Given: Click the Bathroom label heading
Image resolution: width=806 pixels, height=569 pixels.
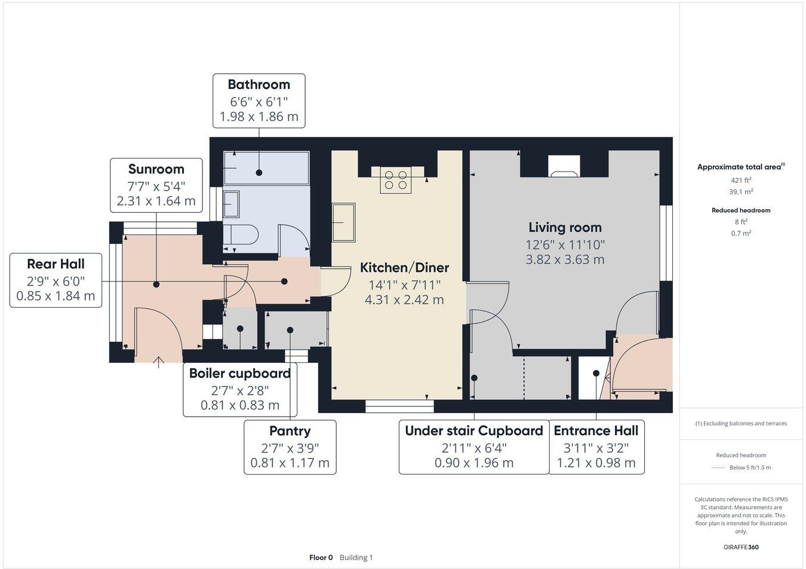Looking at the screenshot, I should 259,85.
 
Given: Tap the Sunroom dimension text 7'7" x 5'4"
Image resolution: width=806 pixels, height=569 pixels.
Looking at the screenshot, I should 156,186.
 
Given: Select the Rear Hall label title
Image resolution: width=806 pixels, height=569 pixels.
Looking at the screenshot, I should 56,264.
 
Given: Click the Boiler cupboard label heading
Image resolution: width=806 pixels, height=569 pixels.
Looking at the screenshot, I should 239,374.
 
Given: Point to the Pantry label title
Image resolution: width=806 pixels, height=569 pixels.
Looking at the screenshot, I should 290,431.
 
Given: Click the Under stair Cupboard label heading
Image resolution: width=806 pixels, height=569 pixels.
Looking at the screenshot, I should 473,431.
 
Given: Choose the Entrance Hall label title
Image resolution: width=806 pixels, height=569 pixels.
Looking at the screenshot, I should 596,431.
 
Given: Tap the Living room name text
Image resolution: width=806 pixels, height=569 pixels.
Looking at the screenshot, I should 565,228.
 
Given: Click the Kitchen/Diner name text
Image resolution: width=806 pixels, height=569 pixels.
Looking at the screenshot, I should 404,268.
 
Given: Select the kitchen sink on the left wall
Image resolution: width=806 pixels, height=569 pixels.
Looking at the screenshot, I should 343,222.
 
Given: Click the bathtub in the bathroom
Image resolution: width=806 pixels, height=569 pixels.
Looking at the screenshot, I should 266,168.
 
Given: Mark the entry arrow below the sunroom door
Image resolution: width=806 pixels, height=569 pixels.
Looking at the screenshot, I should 158,362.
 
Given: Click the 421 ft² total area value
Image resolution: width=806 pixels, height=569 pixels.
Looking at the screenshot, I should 741,180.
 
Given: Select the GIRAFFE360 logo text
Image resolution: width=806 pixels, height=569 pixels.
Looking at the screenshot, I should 741,547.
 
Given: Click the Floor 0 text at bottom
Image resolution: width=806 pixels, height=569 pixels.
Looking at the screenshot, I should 321,558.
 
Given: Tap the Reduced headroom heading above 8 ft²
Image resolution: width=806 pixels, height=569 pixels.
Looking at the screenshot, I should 741,210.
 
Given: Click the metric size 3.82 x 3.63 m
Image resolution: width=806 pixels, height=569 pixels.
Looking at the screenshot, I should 565,260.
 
